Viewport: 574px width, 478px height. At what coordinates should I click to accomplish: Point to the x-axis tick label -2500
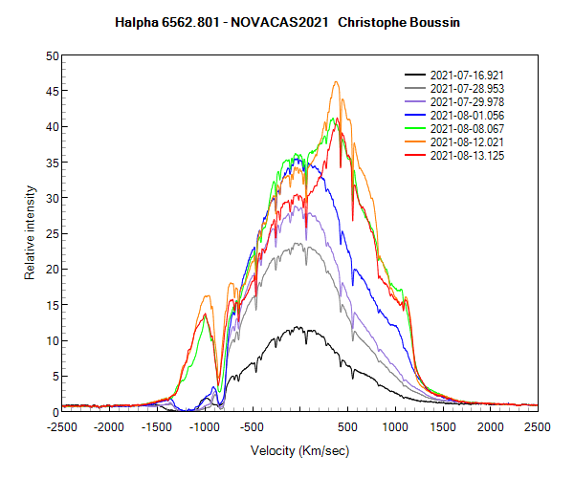[x=62, y=427]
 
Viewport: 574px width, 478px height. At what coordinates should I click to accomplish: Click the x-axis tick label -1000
[x=205, y=427]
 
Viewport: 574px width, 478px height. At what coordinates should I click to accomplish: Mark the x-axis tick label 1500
[x=442, y=427]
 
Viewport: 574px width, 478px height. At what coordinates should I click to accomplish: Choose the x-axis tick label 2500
[x=537, y=427]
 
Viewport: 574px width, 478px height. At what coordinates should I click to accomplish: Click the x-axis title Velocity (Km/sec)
[x=299, y=450]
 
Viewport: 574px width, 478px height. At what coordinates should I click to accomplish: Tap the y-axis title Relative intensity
[x=30, y=233]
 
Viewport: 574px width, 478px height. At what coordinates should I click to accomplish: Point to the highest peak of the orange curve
[x=336, y=82]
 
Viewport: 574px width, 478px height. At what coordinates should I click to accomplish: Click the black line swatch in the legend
[x=414, y=75]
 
